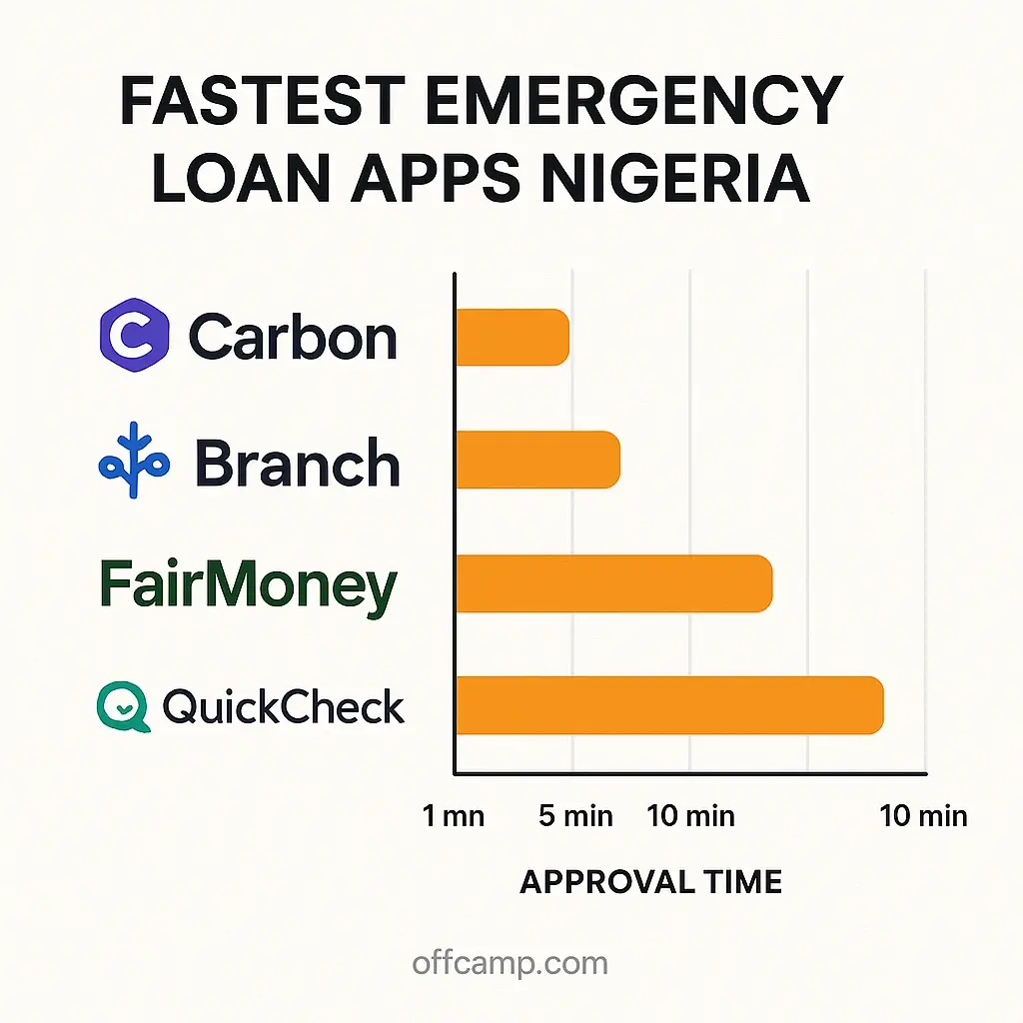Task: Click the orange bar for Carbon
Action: (x=512, y=337)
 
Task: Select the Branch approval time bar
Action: (x=538, y=460)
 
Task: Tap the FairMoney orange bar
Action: (x=614, y=583)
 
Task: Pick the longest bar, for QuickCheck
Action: (x=670, y=705)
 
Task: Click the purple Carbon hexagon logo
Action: (x=135, y=335)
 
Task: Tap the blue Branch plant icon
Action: (x=135, y=460)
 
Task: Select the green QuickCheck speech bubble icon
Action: (x=123, y=706)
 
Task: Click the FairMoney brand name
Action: (x=249, y=586)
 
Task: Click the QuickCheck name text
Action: (x=283, y=707)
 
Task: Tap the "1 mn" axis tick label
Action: (x=454, y=816)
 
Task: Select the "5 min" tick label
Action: (x=576, y=816)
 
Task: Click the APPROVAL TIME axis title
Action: (x=651, y=882)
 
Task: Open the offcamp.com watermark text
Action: (x=511, y=963)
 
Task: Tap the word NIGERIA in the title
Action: (x=676, y=178)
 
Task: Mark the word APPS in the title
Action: (x=436, y=178)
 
